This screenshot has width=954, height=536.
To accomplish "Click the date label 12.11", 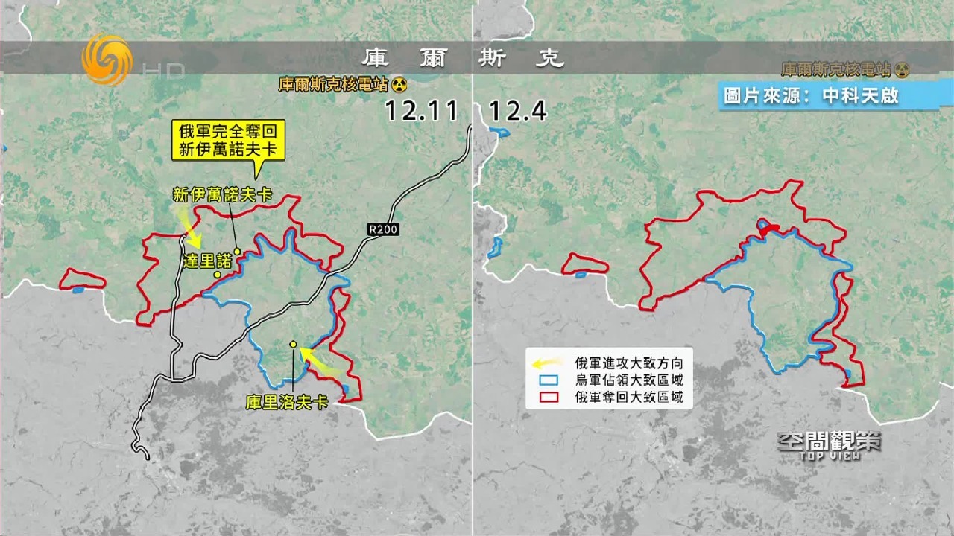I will point(421,112).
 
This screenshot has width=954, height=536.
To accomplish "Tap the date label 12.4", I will point(517,112).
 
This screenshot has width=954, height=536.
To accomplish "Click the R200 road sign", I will point(383,230).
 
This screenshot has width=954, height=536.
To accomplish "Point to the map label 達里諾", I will point(208,261).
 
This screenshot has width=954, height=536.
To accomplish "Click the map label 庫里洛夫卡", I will point(287,403).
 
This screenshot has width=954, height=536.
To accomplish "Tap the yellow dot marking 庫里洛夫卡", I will point(294,345).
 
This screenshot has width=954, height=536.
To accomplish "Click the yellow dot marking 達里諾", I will point(217,275).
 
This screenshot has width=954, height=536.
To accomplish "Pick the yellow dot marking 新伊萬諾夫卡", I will point(237,251).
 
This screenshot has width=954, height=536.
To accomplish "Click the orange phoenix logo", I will point(107,60).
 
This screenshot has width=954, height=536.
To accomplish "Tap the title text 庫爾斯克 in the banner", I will point(463,58).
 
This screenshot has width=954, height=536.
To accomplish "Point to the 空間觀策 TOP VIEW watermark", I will point(829,444).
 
